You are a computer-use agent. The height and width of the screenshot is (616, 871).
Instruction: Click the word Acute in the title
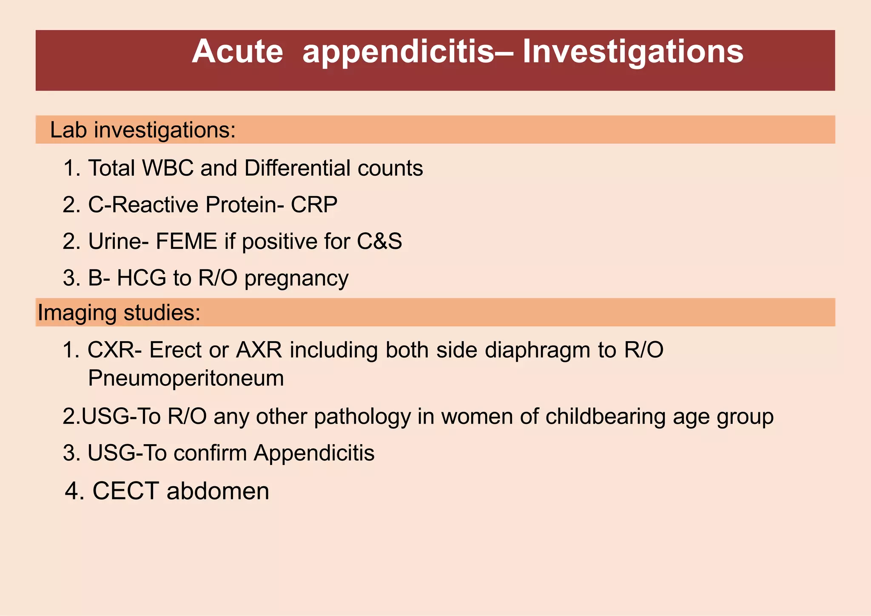237,52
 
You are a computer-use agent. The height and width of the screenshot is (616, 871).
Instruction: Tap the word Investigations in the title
633,52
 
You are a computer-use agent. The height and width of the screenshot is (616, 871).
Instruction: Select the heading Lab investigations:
142,130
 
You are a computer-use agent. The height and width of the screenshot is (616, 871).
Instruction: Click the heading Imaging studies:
119,313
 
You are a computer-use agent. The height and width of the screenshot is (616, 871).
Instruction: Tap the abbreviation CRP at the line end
314,205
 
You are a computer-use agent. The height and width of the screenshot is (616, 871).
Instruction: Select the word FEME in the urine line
186,242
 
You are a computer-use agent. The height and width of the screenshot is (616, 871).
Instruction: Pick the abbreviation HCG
141,278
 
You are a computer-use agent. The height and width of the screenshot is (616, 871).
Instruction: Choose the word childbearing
605,416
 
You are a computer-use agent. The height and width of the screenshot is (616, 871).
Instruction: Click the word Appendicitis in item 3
314,453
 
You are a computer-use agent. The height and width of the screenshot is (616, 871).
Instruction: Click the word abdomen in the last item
218,491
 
